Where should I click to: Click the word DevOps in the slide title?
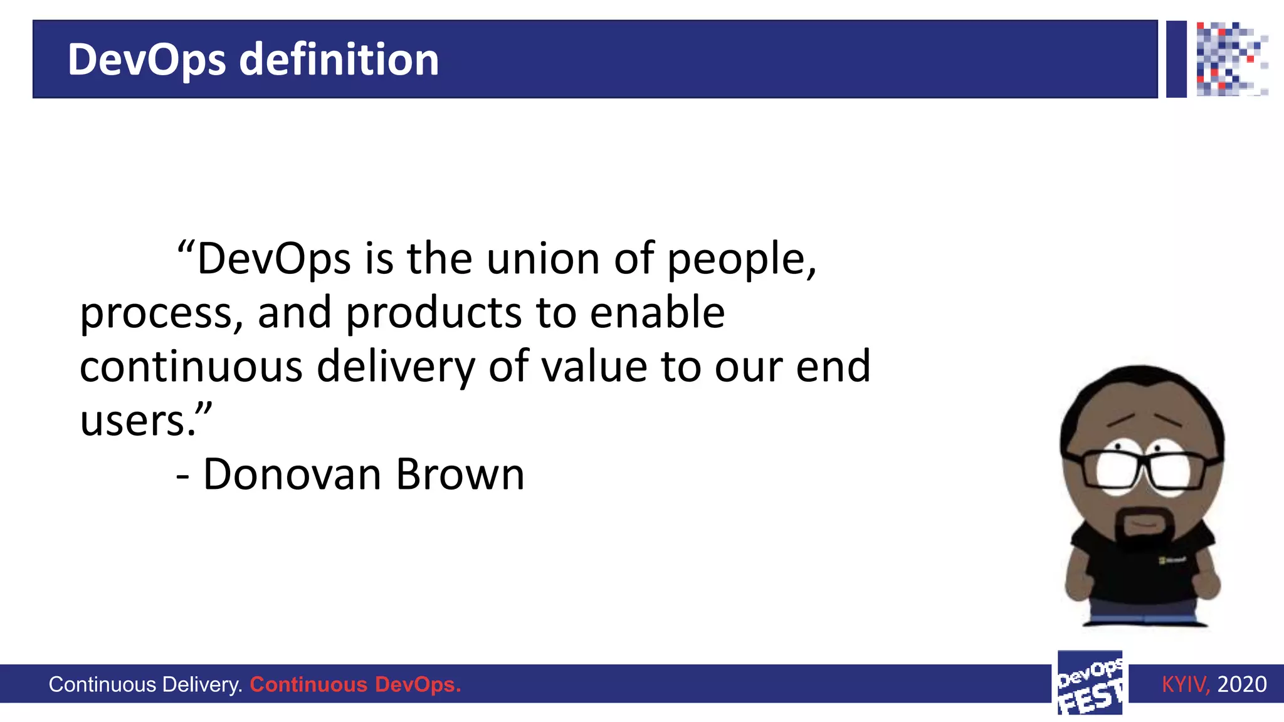tap(146, 61)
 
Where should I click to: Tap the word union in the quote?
tap(543, 259)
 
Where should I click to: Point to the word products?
tap(433, 313)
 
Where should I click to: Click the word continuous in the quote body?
tap(191, 367)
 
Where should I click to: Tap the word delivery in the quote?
tap(396, 369)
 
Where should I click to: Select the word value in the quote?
tap(593, 367)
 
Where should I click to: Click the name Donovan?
tap(292, 474)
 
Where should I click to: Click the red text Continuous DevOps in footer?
tap(355, 684)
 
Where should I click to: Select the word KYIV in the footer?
tap(1184, 684)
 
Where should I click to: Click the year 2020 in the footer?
tap(1241, 684)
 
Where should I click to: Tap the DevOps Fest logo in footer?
tap(1090, 683)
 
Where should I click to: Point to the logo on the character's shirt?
tap(1171, 560)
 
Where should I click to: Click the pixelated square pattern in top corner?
tap(1230, 59)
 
